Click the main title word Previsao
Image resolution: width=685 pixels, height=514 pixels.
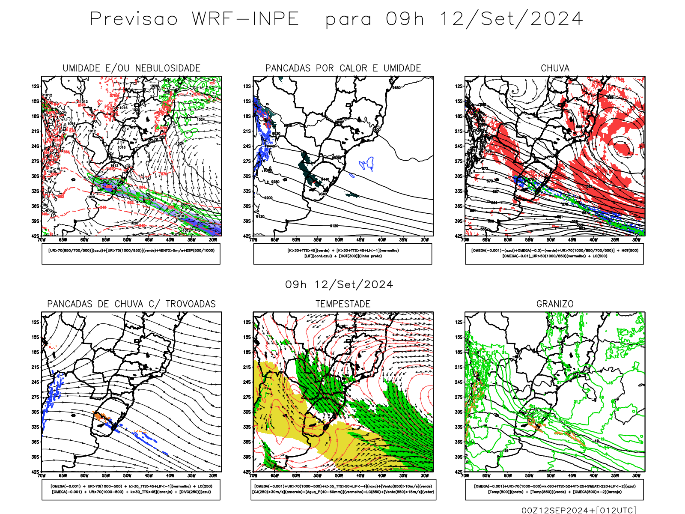coord(134,19)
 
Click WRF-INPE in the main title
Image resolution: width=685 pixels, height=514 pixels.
coord(245,19)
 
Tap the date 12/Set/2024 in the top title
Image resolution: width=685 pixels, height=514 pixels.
coord(511,19)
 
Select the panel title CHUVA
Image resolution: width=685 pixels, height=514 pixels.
coord(555,68)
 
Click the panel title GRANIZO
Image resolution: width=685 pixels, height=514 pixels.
coord(555,304)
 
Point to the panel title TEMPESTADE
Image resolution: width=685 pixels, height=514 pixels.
coord(343,304)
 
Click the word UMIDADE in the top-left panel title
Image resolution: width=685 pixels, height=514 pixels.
coord(81,68)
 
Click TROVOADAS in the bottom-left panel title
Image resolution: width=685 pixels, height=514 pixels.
coord(191,304)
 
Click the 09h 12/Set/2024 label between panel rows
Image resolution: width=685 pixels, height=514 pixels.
coord(339,284)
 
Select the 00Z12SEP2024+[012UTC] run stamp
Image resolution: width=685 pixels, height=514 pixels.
coord(579,510)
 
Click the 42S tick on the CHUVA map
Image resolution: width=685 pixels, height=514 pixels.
coord(459,236)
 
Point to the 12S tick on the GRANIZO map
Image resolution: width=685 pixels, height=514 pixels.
coord(459,322)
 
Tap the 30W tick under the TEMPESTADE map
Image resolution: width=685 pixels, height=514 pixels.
coord(425,475)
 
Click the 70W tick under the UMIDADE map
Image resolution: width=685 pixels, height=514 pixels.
coord(42,240)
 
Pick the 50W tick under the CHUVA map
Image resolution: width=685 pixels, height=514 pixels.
coord(551,240)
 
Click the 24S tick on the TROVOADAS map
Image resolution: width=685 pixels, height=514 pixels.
coord(35,382)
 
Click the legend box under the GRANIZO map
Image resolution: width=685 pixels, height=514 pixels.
coord(554,489)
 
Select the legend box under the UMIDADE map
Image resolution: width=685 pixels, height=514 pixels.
coord(131,254)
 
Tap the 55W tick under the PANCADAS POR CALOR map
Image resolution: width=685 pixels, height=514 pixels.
coord(317,240)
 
